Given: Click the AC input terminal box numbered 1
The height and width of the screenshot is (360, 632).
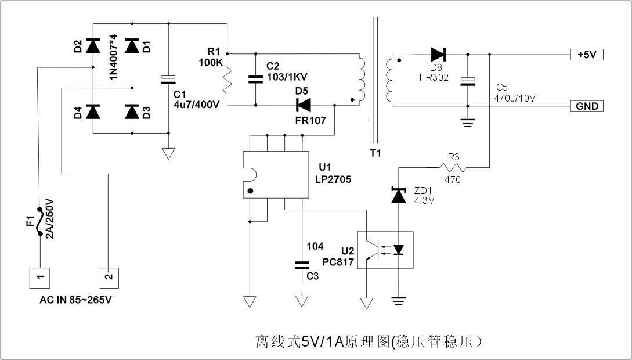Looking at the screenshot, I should click(39, 278).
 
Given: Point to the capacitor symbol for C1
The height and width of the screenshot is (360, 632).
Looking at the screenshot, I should click(168, 80).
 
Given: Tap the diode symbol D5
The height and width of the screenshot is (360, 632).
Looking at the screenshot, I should click(303, 105).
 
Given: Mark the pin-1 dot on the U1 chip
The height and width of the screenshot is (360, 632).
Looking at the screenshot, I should click(250, 190).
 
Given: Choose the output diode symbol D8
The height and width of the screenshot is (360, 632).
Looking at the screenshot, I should click(438, 55).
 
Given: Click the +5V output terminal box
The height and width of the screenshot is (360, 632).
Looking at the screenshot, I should click(587, 55).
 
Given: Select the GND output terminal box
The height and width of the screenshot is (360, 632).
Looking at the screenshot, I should click(587, 107).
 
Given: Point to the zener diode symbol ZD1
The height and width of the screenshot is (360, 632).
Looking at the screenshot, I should click(398, 195).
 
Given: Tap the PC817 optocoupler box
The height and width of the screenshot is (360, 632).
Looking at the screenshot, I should click(384, 250).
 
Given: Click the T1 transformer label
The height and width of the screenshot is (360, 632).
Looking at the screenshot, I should click(374, 154).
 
